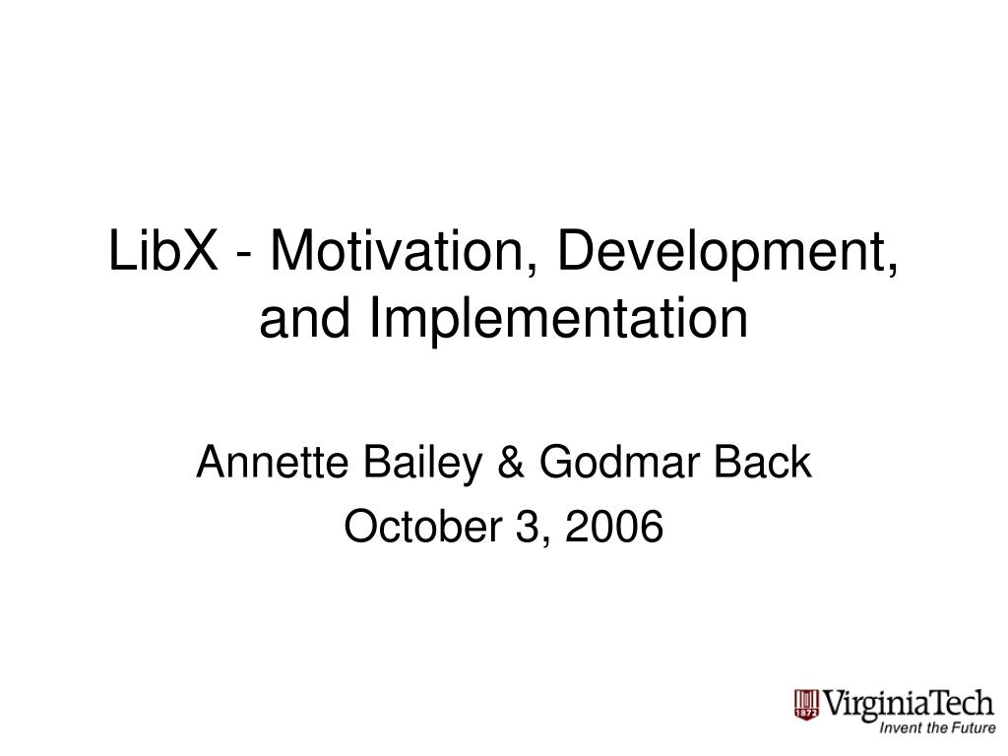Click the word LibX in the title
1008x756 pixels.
pos(163,250)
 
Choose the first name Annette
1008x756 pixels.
pos(273,462)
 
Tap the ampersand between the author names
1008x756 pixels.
pos(511,462)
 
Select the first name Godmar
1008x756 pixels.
pos(618,462)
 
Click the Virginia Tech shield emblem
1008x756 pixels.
pos(806,705)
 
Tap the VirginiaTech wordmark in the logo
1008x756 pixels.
pos(908,705)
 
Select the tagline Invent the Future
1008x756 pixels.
pos(937,728)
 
